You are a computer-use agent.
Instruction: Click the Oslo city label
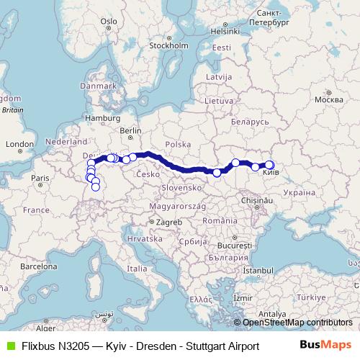(x=109, y=22)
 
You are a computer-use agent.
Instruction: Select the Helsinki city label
(x=225, y=31)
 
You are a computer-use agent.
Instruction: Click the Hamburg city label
(x=102, y=117)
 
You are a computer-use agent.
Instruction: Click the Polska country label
(x=177, y=143)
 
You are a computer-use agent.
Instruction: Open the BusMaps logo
(x=325, y=346)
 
